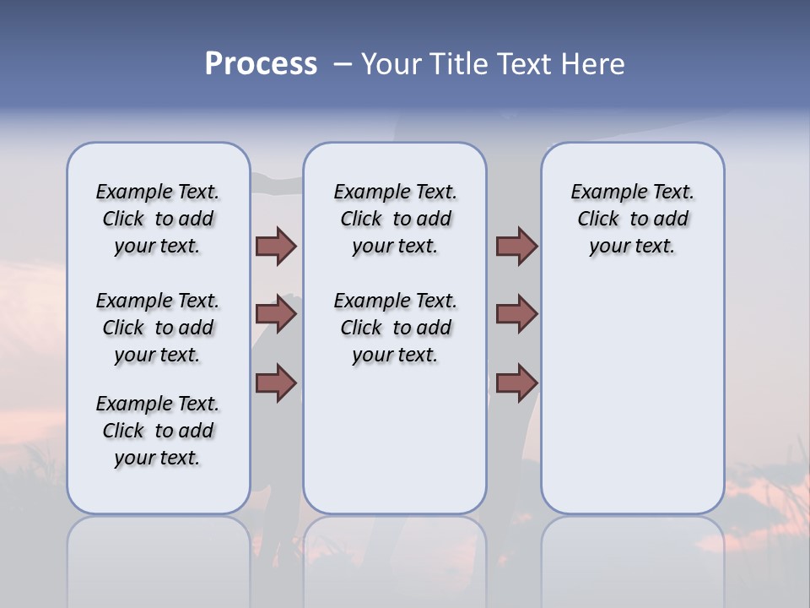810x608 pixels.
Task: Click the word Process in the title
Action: click(x=261, y=64)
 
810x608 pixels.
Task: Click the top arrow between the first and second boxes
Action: click(x=276, y=246)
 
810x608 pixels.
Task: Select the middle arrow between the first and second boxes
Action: click(x=276, y=314)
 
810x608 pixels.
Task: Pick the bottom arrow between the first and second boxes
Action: click(x=276, y=383)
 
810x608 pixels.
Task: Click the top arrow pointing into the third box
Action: click(x=516, y=246)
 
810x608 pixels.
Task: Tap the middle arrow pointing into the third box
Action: click(x=516, y=314)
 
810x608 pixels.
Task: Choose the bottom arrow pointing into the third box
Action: click(x=516, y=383)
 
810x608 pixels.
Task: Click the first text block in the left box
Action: click(x=158, y=219)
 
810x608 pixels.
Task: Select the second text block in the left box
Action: click(x=158, y=328)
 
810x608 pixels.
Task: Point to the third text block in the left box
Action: click(x=158, y=431)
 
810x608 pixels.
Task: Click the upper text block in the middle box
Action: click(x=395, y=219)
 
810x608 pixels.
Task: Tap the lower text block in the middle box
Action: click(x=395, y=328)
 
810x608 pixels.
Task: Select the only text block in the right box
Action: click(x=632, y=219)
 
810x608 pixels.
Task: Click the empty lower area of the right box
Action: click(x=632, y=397)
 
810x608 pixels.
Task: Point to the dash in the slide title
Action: click(x=343, y=64)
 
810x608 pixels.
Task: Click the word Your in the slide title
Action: click(x=391, y=64)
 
